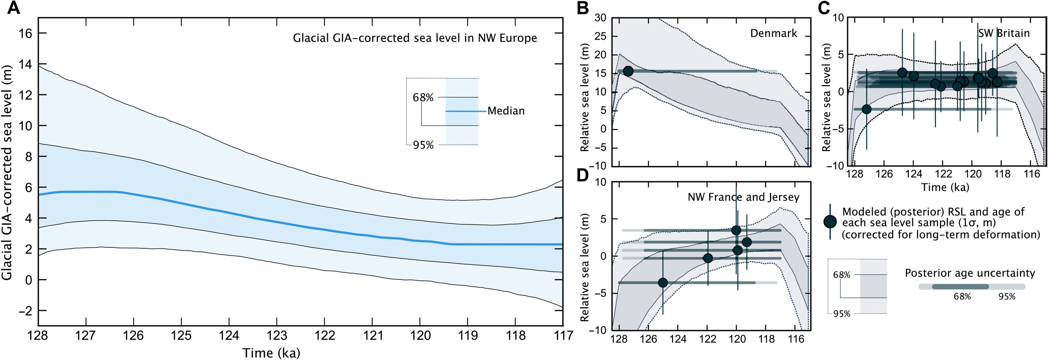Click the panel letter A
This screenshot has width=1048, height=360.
(x=13, y=8)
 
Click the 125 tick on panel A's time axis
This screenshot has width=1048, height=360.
(x=181, y=336)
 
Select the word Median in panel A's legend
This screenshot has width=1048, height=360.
(x=506, y=111)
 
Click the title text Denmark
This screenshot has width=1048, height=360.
(x=773, y=33)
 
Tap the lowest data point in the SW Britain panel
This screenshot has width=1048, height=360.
(x=866, y=109)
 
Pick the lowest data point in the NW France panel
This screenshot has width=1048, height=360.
(x=663, y=283)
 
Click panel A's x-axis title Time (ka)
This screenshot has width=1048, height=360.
(x=271, y=352)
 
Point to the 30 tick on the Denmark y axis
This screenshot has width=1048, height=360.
(x=600, y=17)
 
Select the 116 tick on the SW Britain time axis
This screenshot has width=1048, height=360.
(x=1031, y=174)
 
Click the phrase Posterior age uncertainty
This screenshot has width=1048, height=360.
(x=970, y=273)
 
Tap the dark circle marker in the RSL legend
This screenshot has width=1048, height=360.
(x=830, y=222)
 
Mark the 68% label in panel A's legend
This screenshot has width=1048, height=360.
(x=423, y=98)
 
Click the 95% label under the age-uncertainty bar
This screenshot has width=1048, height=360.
(x=1007, y=297)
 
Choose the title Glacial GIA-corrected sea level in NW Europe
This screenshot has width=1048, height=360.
(x=414, y=38)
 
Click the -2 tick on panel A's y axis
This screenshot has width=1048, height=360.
(x=25, y=311)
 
